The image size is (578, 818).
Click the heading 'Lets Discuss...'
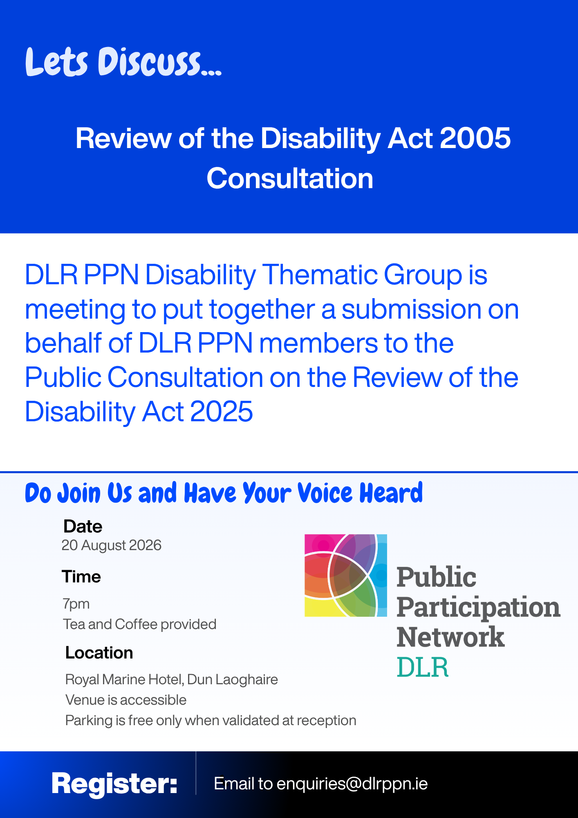tap(123, 62)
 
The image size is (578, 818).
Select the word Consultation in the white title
tap(290, 178)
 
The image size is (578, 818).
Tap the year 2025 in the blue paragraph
tap(222, 411)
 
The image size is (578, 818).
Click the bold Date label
tap(83, 526)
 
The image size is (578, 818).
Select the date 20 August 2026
tap(112, 545)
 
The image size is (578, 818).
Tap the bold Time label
tap(81, 577)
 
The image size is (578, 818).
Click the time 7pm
tap(76, 604)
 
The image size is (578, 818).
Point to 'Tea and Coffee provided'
tap(139, 624)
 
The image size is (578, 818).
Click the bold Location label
tap(99, 653)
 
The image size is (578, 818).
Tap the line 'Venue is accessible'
tap(126, 700)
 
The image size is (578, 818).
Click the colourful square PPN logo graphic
tap(346, 575)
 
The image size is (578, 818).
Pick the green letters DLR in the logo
tap(423, 667)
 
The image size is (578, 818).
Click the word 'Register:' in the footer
tap(114, 784)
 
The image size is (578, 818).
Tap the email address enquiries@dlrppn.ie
tap(352, 784)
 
